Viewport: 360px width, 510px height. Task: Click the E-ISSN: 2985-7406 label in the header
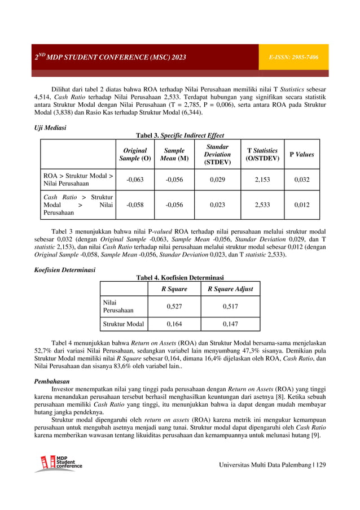coord(297,58)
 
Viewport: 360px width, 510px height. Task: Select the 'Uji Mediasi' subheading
coord(50,128)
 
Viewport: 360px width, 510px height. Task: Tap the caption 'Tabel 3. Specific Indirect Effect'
coord(180,136)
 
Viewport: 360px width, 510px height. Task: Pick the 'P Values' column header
coord(301,154)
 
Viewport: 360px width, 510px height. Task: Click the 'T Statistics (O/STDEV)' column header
coord(262,154)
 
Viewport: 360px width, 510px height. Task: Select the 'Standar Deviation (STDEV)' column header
coord(217,154)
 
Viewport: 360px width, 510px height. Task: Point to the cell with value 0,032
coord(301,180)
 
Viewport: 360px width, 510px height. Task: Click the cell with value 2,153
coord(262,180)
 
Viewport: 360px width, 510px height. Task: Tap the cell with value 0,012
coord(301,205)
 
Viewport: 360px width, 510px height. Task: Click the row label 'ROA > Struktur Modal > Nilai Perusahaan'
coord(78,180)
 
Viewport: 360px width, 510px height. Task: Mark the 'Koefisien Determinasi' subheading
coord(64,269)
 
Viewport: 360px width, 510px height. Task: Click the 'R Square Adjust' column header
coord(230,289)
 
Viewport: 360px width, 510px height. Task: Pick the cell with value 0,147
coord(230,324)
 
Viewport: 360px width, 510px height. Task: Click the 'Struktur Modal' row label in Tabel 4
coord(122,324)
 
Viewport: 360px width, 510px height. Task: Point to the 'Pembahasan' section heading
coord(54,381)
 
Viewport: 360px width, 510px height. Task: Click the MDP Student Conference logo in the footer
coord(59,463)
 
